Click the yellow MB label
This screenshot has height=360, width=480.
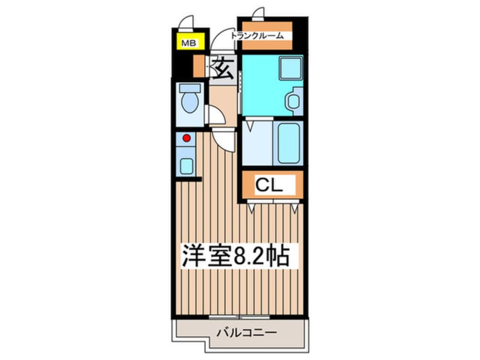coord(186,43)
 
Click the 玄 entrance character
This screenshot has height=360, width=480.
coord(222,68)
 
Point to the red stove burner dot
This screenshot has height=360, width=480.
coord(186,137)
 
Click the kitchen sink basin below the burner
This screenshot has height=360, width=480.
coord(186,165)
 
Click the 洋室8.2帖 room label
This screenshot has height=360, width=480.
coord(235,256)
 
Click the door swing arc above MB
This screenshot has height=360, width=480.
coord(186,23)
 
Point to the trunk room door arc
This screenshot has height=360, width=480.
coord(258,14)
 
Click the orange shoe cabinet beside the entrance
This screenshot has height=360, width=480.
coord(199,66)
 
